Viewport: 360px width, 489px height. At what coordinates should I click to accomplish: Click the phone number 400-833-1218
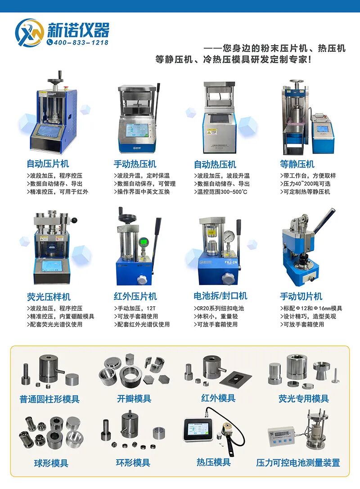pyautogui.click(x=81, y=42)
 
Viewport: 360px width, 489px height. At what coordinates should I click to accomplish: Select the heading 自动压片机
pyautogui.click(x=48, y=164)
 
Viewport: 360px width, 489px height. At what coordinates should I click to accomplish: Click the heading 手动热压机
pyautogui.click(x=135, y=164)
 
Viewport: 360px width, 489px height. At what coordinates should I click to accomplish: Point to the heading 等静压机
pyautogui.click(x=297, y=164)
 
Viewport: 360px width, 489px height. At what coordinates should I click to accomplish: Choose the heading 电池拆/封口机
pyautogui.click(x=220, y=296)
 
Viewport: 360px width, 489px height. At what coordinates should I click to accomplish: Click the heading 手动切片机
pyautogui.click(x=301, y=296)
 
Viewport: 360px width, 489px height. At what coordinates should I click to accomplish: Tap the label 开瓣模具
pyautogui.click(x=134, y=398)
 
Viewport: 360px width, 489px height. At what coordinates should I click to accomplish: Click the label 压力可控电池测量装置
pyautogui.click(x=298, y=462)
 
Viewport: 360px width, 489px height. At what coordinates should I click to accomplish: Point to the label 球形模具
pyautogui.click(x=51, y=462)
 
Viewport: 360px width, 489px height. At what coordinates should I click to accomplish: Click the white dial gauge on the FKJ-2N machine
pyautogui.click(x=229, y=237)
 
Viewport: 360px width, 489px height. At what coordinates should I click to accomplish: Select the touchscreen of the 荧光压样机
pyautogui.click(x=50, y=267)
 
